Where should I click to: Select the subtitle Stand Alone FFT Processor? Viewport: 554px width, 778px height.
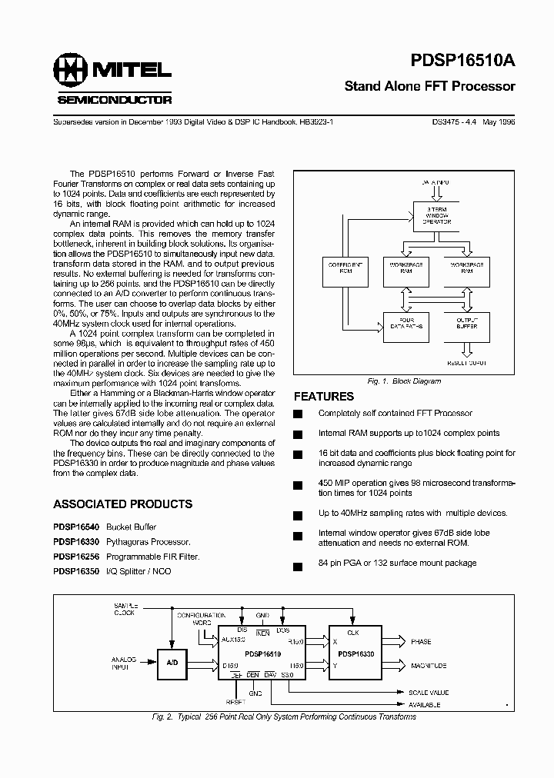(x=429, y=87)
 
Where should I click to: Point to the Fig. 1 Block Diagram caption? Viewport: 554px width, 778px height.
(x=405, y=381)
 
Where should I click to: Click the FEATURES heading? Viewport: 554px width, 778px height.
(x=324, y=397)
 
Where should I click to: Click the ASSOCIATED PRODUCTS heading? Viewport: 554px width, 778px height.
(x=122, y=504)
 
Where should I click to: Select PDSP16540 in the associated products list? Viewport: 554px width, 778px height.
(x=76, y=527)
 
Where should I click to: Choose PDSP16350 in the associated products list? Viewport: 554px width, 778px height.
(x=76, y=571)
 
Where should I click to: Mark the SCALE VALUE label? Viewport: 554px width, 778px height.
(x=429, y=693)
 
